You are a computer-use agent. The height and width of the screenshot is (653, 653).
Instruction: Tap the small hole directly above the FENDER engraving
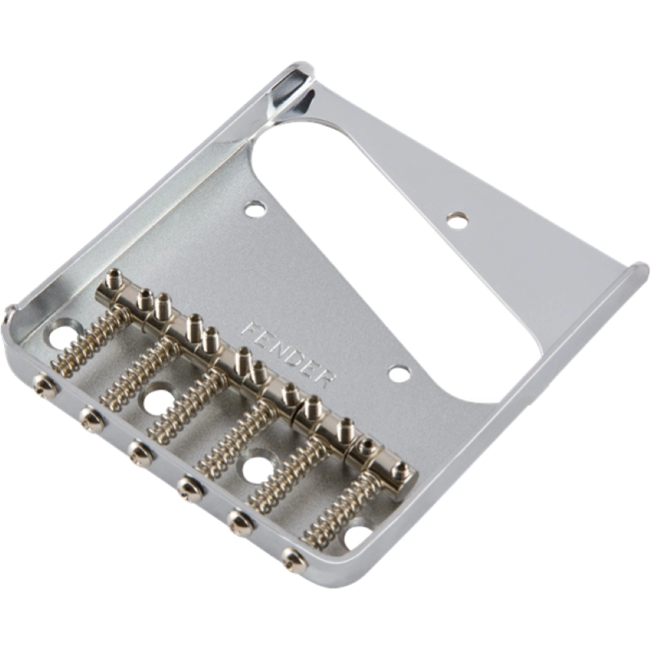255,211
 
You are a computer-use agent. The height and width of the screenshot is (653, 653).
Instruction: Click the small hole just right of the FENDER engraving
398,374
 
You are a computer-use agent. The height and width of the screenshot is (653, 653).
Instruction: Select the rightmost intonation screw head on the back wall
292,558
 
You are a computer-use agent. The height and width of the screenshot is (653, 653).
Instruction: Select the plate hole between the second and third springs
157,400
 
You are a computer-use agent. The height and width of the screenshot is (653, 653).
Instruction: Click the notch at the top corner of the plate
295,87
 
